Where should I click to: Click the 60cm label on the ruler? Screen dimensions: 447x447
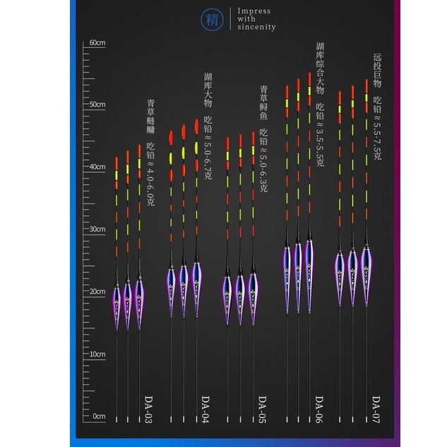[x=97, y=43]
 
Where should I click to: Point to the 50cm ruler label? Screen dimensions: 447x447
[x=97, y=105]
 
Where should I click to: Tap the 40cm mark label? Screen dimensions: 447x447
[x=97, y=167]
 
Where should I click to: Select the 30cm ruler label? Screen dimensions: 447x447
[x=97, y=230]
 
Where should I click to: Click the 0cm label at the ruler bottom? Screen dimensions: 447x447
[x=98, y=416]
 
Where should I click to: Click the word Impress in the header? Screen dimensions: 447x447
[x=254, y=11]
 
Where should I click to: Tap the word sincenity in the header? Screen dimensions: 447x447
[x=257, y=28]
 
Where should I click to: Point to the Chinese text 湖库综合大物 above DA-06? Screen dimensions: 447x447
[x=320, y=68]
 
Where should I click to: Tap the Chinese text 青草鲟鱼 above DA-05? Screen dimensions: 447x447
[x=263, y=103]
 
